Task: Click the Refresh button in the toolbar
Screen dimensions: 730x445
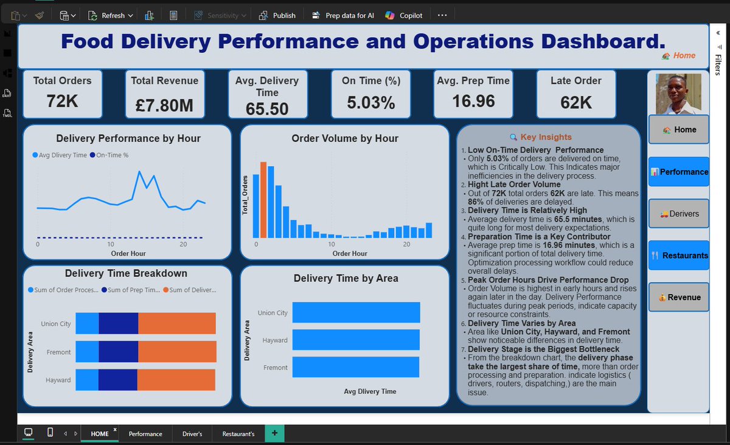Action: coord(110,15)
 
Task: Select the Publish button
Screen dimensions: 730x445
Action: coord(277,15)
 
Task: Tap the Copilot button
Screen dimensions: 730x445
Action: coord(403,15)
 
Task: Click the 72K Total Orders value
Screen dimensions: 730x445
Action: coord(62,100)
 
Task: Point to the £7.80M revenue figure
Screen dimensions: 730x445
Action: coord(165,105)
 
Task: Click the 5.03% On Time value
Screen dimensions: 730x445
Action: coord(371,102)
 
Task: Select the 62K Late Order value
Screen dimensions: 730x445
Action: coord(576,102)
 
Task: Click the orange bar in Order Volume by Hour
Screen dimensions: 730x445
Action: coord(263,200)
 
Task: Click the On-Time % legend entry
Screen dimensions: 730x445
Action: coord(109,155)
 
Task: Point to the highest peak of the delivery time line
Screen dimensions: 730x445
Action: coord(139,171)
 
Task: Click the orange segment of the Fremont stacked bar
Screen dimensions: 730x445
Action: coord(177,351)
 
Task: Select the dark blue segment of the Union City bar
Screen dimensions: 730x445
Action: coord(118,323)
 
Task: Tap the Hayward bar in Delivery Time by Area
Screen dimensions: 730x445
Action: coord(356,340)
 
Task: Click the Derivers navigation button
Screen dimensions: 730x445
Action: coord(679,214)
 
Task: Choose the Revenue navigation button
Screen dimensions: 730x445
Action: coord(679,297)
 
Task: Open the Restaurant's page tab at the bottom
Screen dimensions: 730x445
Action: coord(238,433)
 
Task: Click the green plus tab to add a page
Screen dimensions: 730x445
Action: coord(274,433)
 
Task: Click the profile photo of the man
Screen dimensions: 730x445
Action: coord(678,94)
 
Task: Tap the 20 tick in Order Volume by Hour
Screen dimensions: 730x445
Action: coord(406,244)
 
